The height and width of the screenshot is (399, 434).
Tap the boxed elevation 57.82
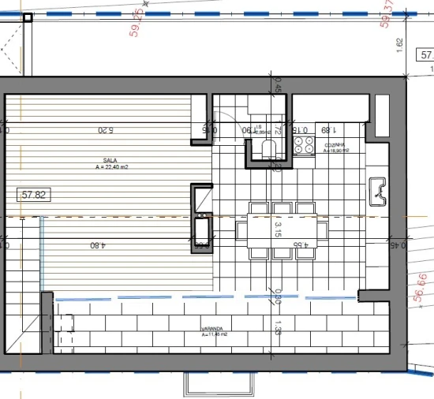pyautogui.click(x=34, y=194)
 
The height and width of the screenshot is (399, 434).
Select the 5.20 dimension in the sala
pyautogui.click(x=106, y=130)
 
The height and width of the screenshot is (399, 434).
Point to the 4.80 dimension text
pyautogui.click(x=96, y=245)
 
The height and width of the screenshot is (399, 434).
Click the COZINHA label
pyautogui.click(x=330, y=145)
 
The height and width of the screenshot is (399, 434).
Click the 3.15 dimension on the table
pyautogui.click(x=278, y=229)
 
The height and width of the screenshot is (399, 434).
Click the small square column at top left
pyautogui.click(x=28, y=19)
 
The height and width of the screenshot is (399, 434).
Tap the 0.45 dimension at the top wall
pyautogui.click(x=278, y=88)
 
